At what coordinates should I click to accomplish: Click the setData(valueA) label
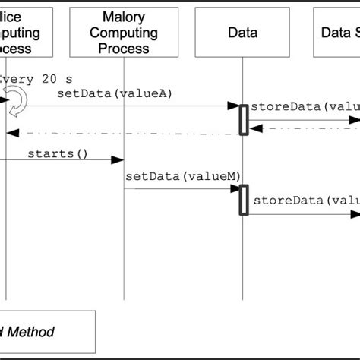pos(115,93)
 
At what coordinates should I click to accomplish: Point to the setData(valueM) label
pos(182,176)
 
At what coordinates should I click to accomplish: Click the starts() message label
pos(58,154)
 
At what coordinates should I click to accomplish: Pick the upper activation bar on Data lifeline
pos(244,120)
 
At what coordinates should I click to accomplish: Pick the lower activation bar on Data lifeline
pos(244,201)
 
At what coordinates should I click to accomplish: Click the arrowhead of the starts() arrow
pos(118,160)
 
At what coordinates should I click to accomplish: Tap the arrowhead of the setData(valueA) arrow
pos(235,106)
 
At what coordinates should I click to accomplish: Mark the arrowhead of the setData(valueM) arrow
pos(235,188)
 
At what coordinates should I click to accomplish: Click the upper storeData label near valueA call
pos(304,106)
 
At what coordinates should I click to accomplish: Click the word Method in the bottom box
pos(30,332)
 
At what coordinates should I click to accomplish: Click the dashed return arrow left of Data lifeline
pos(122,134)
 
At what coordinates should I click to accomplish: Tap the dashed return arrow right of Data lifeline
pos(304,129)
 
